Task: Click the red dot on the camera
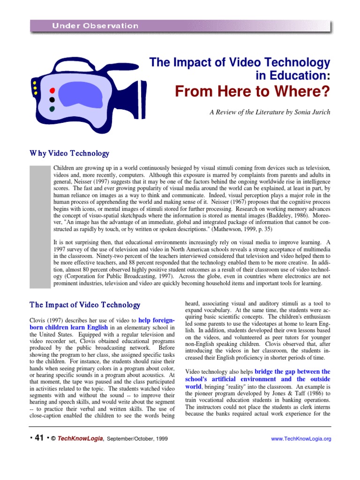[52, 90]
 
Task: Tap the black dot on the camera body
[52, 99]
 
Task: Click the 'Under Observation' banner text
[95, 26]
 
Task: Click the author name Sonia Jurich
[315, 112]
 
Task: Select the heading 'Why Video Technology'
[69, 153]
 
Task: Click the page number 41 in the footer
[39, 438]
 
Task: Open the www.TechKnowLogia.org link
[301, 439]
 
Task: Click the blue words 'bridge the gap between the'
[292, 371]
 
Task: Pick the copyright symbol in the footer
[53, 439]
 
